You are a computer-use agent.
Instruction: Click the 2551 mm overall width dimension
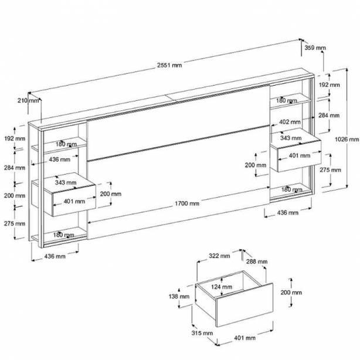click(169, 65)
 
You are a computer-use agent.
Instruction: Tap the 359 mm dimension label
click(315, 47)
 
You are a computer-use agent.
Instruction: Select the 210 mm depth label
click(28, 101)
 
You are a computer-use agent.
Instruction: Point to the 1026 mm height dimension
click(347, 139)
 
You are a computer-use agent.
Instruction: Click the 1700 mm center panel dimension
click(187, 203)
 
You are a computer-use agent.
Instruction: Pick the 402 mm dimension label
click(290, 122)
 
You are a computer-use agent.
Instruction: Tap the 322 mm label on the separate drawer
click(219, 256)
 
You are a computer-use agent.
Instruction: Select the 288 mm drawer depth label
click(257, 261)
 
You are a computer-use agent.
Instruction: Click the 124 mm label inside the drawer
click(222, 287)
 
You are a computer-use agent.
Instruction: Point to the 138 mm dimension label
click(179, 297)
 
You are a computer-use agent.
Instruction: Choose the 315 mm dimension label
click(202, 333)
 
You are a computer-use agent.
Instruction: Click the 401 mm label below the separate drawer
click(244, 338)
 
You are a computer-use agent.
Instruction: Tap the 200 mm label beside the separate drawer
click(291, 293)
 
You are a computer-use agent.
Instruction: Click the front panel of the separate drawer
click(244, 305)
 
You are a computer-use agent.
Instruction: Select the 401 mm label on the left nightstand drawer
click(74, 201)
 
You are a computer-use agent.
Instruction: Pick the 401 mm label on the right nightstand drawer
click(300, 155)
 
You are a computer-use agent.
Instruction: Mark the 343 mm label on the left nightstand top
click(66, 182)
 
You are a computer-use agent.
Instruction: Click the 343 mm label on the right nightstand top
click(291, 138)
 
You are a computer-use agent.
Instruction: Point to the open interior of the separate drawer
click(230, 285)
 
